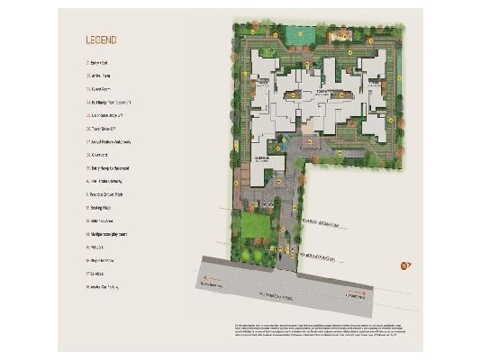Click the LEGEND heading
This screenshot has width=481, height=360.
coord(100,40)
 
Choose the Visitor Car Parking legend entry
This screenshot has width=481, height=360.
coord(104,286)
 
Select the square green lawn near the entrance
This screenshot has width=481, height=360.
coord(256,224)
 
